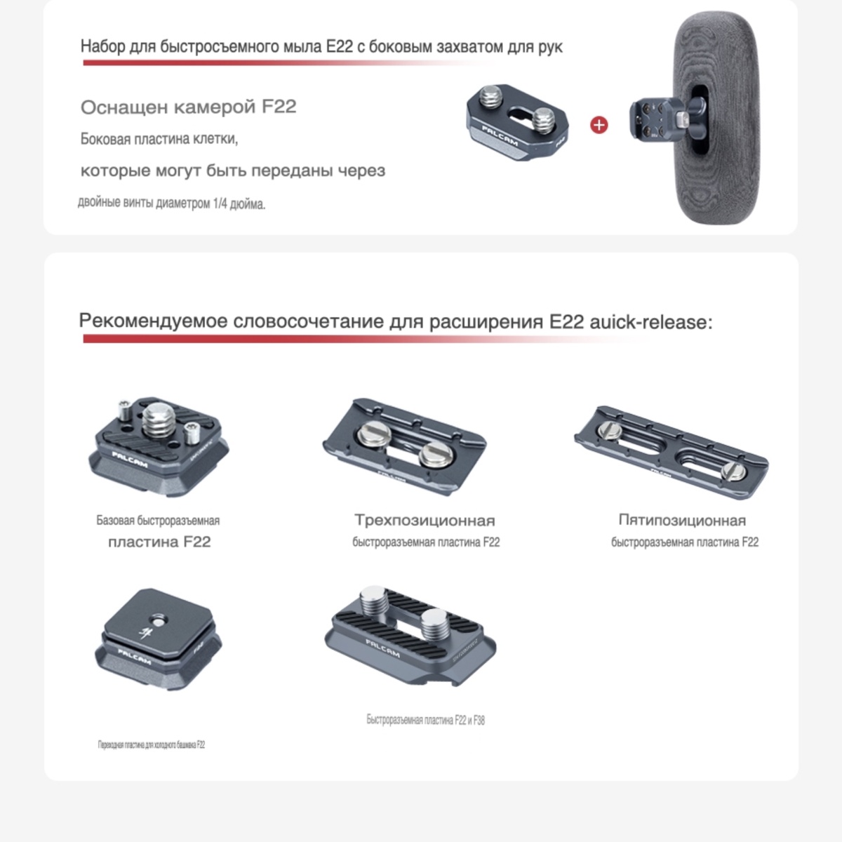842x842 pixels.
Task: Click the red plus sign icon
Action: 599,126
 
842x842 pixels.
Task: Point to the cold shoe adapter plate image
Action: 158,638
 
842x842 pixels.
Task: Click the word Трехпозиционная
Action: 425,521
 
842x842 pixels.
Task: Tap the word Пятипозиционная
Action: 682,521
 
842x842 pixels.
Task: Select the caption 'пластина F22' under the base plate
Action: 159,542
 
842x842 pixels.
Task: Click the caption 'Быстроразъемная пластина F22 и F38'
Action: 425,720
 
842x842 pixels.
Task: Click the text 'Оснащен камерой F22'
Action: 188,107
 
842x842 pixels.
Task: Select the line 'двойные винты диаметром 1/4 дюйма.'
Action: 171,204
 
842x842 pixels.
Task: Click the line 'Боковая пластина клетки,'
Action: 159,139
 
